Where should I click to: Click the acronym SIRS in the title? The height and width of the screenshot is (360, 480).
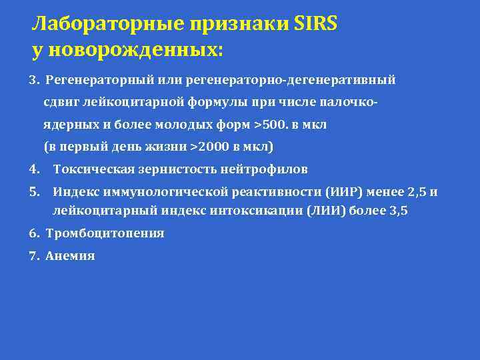pyautogui.click(x=315, y=25)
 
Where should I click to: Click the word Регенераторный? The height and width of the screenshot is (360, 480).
pyautogui.click(x=91, y=80)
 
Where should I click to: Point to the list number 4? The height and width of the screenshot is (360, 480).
pyautogui.click(x=33, y=169)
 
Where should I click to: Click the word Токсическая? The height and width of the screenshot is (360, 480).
pyautogui.click(x=87, y=169)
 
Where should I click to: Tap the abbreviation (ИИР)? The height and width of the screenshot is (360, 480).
pyautogui.click(x=345, y=192)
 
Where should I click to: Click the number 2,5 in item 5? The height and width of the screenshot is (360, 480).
pyautogui.click(x=417, y=192)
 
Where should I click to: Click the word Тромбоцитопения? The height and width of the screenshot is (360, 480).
pyautogui.click(x=105, y=233)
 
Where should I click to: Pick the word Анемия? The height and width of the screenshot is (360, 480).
pyautogui.click(x=71, y=255)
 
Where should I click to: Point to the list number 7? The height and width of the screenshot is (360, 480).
pyautogui.click(x=33, y=255)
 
